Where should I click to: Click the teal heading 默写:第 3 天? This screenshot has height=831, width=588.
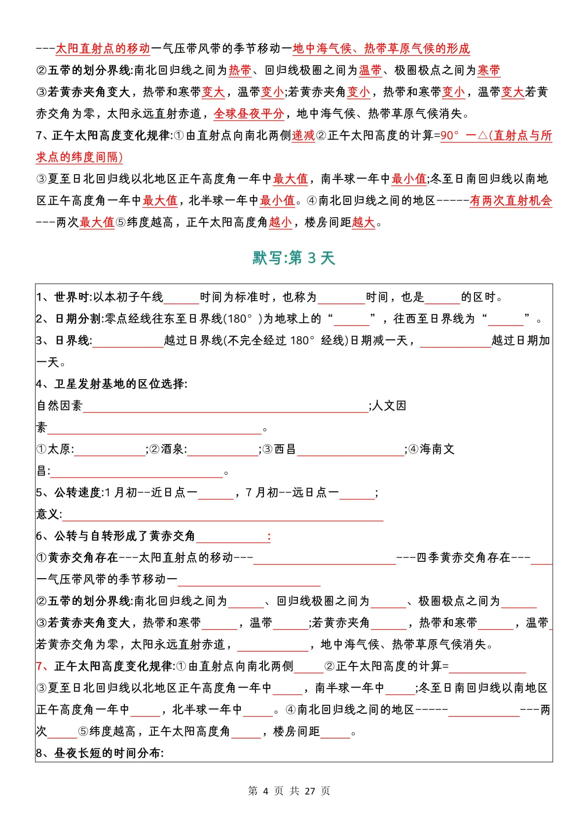coord(294,258)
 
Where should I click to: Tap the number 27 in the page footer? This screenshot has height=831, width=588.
coord(310,791)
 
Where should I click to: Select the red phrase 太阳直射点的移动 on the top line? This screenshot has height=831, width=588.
coord(103,48)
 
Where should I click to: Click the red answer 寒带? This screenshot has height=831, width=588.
coord(489,70)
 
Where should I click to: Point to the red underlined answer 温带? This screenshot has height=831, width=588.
coord(370,70)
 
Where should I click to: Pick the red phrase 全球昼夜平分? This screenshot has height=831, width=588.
coord(249,114)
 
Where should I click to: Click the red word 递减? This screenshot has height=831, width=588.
coord(303,136)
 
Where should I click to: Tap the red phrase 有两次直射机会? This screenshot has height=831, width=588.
coord(511,201)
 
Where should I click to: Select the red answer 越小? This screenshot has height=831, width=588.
coord(281,222)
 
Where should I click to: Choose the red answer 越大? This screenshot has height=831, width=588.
coord(364,222)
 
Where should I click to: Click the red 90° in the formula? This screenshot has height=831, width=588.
coord(449,136)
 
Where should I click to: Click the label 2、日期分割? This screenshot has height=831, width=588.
coord(69,319)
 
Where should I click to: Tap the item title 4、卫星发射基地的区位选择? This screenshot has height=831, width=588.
coord(111,384)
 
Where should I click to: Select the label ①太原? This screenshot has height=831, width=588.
coord(55,449)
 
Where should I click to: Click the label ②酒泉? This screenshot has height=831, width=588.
coord(168,449)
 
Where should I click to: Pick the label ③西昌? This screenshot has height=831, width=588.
coord(279,449)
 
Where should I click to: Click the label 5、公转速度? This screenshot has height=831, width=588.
coord(69,492)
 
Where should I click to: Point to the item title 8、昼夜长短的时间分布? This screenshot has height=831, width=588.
coord(100,753)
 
